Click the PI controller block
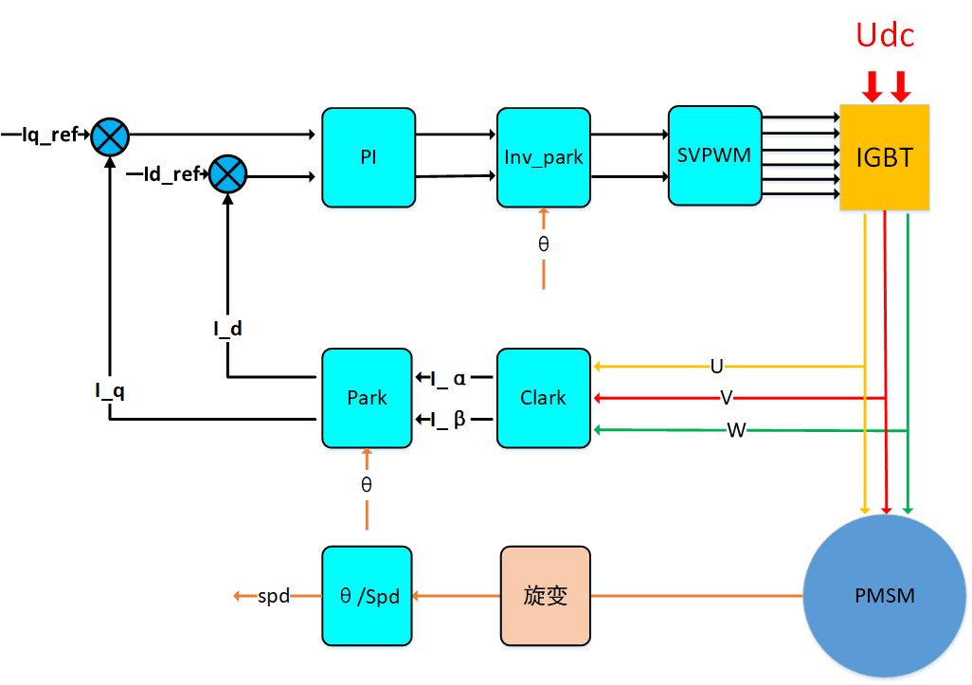369,157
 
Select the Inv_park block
543,157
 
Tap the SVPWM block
714,155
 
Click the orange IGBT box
884,157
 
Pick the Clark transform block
543,398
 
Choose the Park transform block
367,398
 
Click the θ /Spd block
367,596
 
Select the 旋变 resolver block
545,596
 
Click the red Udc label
885,36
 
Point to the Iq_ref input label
49,135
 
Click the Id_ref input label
171,174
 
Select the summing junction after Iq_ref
110,137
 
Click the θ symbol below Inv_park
543,243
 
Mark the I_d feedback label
227,329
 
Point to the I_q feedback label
110,388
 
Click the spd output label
273,596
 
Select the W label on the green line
736,431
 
